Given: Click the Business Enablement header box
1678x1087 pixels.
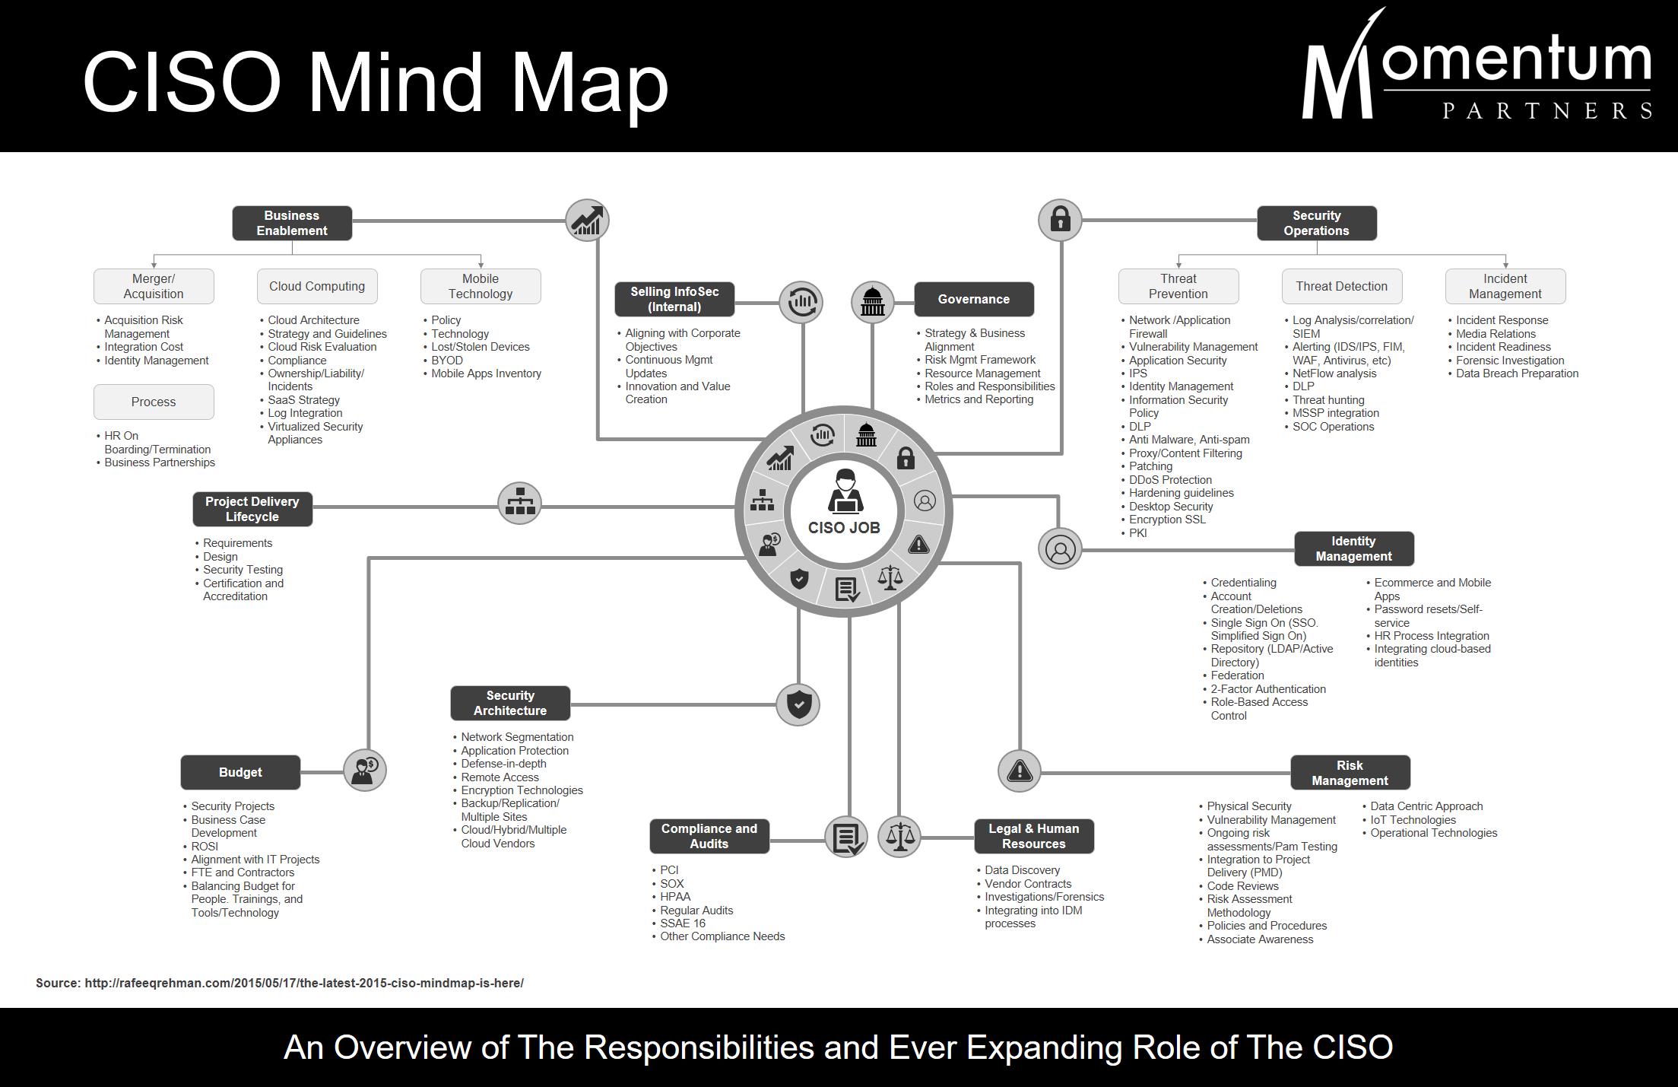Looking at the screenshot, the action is click(x=292, y=223).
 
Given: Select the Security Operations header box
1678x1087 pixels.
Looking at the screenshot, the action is click(x=1317, y=223).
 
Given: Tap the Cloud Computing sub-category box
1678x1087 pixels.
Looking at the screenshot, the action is click(x=317, y=286).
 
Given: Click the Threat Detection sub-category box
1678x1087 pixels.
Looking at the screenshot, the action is click(x=1342, y=286).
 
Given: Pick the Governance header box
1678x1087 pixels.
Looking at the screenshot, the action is click(x=974, y=299).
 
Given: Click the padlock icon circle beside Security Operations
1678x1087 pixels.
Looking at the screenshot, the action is click(x=1060, y=221).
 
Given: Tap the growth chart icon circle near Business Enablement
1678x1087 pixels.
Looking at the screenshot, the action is click(x=587, y=221).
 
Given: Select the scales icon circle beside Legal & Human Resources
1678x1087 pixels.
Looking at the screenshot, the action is click(x=899, y=837).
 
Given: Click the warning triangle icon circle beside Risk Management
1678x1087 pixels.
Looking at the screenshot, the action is click(x=1020, y=771).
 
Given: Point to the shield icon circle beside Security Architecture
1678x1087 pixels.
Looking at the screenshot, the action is click(x=798, y=704).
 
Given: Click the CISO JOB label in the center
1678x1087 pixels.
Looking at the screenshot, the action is click(x=844, y=528).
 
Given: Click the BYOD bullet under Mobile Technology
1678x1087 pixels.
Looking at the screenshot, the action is click(x=447, y=361).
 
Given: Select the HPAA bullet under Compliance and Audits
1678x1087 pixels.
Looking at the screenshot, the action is click(x=675, y=897).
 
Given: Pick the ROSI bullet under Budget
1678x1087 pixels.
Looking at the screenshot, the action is click(x=205, y=846).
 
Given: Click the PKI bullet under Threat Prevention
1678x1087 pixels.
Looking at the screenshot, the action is click(x=1137, y=533).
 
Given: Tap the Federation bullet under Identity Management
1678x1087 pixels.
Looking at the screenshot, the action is click(x=1237, y=675).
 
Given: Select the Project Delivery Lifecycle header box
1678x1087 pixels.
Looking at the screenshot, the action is click(x=252, y=509).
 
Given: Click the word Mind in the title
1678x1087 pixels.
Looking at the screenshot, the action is click(x=396, y=81).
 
